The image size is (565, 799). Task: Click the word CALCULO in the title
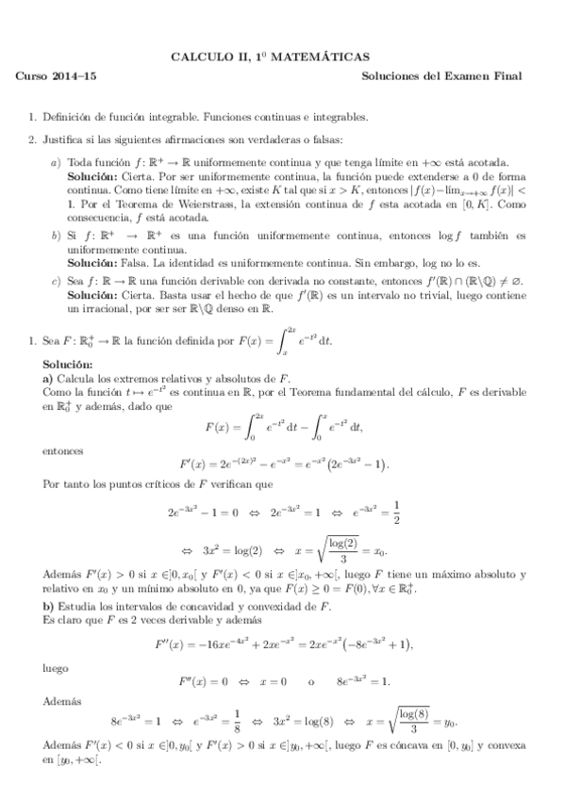(194, 57)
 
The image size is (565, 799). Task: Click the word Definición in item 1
(68, 118)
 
